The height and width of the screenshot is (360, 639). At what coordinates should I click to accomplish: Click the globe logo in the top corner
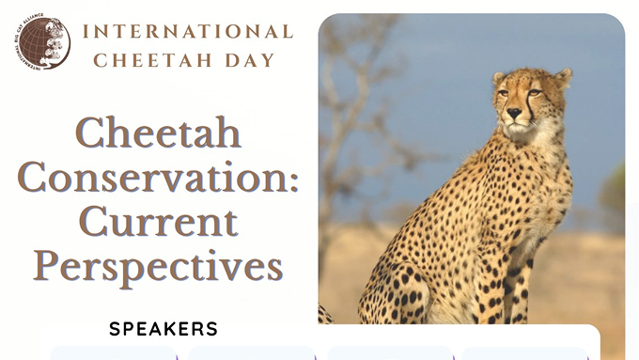(x=43, y=42)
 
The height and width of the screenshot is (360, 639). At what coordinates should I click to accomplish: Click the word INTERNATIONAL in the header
(x=187, y=31)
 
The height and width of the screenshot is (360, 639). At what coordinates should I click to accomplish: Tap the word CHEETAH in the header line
(x=153, y=60)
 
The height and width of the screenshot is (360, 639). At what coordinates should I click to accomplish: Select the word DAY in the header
(x=253, y=60)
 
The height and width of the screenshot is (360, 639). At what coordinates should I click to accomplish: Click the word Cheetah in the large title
(x=158, y=133)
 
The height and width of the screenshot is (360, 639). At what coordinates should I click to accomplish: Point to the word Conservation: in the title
(x=158, y=177)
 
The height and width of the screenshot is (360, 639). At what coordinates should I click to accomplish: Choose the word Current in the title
(x=158, y=222)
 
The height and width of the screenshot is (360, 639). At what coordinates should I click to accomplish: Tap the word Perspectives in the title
(x=158, y=266)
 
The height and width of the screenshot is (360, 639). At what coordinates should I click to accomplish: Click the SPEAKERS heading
(x=164, y=329)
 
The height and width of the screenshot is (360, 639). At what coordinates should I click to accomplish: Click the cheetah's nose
(x=514, y=113)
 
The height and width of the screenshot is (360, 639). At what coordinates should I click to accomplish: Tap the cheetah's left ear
(x=563, y=77)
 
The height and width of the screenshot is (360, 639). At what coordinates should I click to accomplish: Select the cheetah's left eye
(x=534, y=93)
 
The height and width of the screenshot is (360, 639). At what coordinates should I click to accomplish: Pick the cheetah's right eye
(x=504, y=93)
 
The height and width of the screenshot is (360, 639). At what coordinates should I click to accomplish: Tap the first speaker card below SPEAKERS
(x=113, y=353)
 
